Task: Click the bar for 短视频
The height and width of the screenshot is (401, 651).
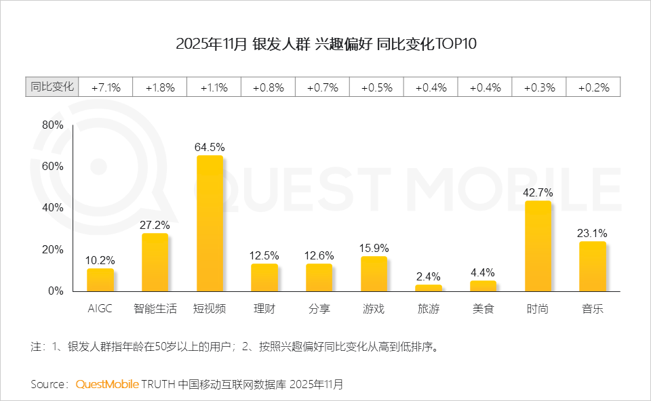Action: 210,224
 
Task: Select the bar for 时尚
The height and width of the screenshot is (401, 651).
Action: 538,246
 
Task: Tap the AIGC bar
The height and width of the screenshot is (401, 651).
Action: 100,280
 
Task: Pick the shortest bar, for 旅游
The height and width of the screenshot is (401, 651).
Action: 429,288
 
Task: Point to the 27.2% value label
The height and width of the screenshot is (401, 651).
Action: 155,224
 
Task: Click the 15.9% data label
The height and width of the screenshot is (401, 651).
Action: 374,248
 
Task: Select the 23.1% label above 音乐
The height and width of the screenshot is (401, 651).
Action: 593,233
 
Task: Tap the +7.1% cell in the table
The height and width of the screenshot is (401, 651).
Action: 106,87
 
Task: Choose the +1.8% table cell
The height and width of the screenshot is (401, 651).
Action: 160,87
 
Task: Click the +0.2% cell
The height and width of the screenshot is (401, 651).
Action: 593,87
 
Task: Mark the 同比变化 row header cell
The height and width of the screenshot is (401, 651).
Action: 52,87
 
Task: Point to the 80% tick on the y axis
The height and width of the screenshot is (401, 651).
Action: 52,125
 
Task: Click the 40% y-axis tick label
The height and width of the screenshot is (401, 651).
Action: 52,208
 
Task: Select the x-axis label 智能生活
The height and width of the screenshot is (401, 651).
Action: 155,309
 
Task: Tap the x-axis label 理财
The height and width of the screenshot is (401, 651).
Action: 264,309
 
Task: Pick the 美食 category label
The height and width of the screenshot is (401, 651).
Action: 483,309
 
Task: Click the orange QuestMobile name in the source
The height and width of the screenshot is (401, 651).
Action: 107,384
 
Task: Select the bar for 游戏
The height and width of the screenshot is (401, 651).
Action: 374,274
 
